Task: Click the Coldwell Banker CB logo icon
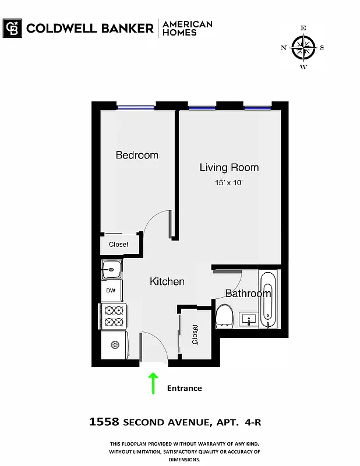pos(12,28)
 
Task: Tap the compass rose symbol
pos(303,47)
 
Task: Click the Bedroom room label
pos(137,155)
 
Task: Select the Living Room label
pos(229,168)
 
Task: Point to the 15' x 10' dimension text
pos(229,183)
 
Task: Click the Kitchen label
pos(167,281)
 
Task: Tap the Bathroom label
pos(248,293)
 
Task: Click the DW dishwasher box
pos(111,291)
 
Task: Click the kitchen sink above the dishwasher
pos(111,270)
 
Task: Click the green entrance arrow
pos(154,384)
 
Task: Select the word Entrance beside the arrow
pos(184,388)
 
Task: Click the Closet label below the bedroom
pos(119,245)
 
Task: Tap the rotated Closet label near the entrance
pos(195,336)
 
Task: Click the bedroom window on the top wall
pos(136,107)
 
